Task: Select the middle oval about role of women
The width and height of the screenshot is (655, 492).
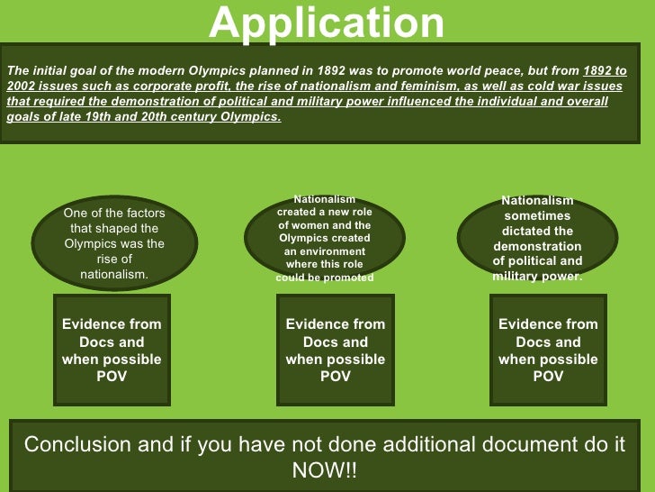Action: pyautogui.click(x=324, y=239)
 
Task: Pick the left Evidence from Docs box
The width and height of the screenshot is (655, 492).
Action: pyautogui.click(x=112, y=350)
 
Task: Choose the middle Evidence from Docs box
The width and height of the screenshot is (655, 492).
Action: pyautogui.click(x=335, y=350)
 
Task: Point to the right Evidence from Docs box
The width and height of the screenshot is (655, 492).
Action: pyautogui.click(x=548, y=350)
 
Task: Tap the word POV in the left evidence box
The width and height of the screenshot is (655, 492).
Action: pyautogui.click(x=112, y=376)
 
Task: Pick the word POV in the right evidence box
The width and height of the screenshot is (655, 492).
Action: pyautogui.click(x=548, y=376)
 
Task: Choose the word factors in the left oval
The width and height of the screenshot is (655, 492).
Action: pyautogui.click(x=142, y=214)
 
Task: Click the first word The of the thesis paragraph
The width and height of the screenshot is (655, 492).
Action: pyautogui.click(x=17, y=70)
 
